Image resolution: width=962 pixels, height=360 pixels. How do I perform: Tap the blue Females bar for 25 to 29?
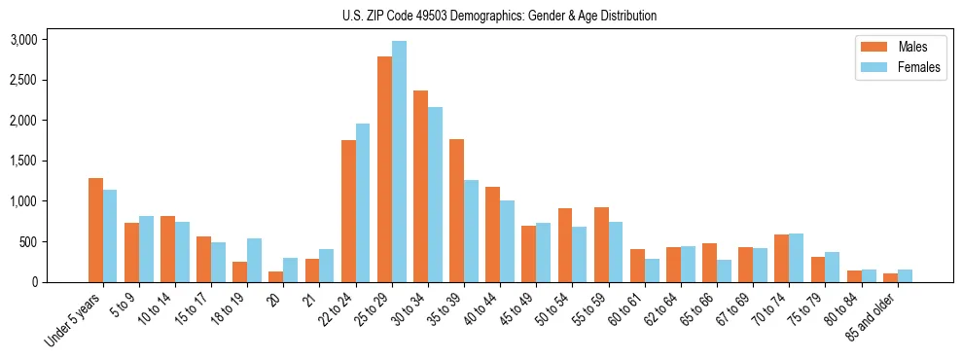399,162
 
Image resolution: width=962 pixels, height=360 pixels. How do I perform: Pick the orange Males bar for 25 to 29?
384,169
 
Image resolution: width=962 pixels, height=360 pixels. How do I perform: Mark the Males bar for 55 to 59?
601,244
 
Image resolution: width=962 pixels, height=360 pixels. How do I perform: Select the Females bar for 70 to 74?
796,258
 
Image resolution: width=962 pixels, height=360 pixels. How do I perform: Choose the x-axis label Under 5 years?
74,316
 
